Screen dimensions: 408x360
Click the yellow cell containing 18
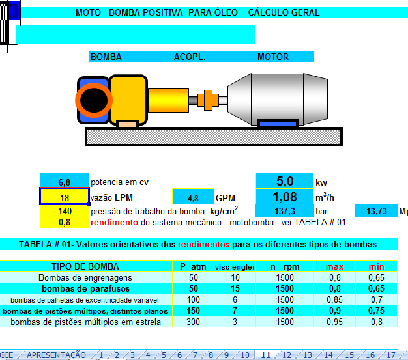tap(65, 197)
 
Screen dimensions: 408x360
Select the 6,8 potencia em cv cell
tap(65, 180)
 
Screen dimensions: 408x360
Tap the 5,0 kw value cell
tap(285, 180)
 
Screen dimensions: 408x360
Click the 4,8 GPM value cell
tap(193, 197)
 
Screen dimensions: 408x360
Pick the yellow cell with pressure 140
tap(65, 210)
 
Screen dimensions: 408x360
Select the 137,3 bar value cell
tap(285, 210)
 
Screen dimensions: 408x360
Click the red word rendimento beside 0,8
tap(114, 223)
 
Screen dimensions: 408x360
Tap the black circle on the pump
tap(94, 100)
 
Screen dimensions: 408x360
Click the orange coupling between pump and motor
tap(208, 100)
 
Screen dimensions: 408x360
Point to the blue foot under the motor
tap(278, 123)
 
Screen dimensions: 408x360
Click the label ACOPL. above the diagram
tap(190, 57)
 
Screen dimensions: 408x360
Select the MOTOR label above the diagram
tap(273, 57)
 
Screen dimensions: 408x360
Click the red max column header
tap(334, 266)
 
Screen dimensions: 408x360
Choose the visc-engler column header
tap(235, 267)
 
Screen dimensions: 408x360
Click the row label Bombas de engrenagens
tap(85, 277)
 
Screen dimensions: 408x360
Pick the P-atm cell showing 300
tap(193, 322)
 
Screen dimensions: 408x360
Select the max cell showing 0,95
tap(334, 322)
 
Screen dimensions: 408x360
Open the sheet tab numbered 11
tap(266, 355)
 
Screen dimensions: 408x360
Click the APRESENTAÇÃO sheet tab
tap(56, 355)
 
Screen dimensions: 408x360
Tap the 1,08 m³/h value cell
tap(285, 197)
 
